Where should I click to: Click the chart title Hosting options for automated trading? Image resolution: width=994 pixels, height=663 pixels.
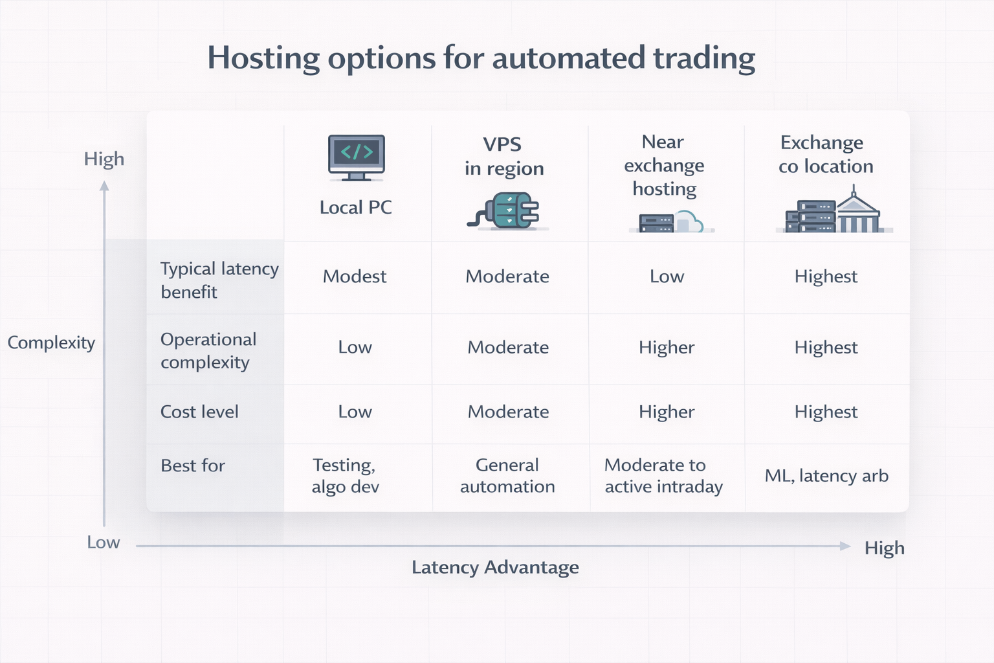[x=481, y=58]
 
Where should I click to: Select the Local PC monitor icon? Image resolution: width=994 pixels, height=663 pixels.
[x=356, y=157]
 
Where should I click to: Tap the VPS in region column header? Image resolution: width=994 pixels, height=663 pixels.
[x=503, y=156]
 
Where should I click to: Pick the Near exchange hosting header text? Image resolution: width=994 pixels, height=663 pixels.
[x=664, y=165]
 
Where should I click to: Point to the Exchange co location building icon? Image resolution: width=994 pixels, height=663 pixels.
[x=835, y=212]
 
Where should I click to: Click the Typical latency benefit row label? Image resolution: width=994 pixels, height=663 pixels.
[x=219, y=280]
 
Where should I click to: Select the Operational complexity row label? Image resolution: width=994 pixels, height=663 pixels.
[x=208, y=350]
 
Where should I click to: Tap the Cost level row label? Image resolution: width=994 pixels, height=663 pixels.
[x=199, y=412]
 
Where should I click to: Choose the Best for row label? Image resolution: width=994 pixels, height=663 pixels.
[x=193, y=466]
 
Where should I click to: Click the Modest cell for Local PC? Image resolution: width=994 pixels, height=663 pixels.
[x=355, y=276]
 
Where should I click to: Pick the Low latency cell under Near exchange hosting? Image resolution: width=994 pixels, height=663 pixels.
[x=667, y=276]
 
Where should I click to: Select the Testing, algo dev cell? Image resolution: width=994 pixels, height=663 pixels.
[x=345, y=476]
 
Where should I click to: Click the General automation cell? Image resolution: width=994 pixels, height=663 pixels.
[x=507, y=476]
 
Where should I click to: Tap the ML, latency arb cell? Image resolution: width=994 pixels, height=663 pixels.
[x=826, y=476]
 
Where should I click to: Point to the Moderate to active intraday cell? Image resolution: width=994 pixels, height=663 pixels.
[x=663, y=476]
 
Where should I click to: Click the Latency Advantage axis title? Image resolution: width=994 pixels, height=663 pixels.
[x=495, y=567]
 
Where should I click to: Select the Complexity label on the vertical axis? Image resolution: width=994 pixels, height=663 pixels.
[x=51, y=343]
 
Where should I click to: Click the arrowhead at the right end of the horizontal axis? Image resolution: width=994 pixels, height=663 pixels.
[x=845, y=546]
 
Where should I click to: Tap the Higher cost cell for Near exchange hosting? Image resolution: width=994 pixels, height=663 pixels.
[x=667, y=412]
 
